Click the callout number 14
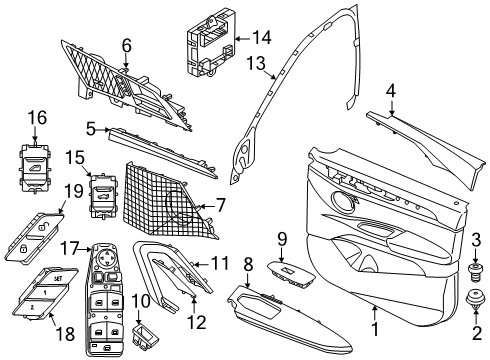click(261, 38)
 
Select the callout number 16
click(36, 118)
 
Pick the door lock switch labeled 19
click(32, 232)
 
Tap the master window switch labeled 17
click(107, 295)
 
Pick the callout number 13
click(255, 65)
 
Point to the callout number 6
click(126, 44)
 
